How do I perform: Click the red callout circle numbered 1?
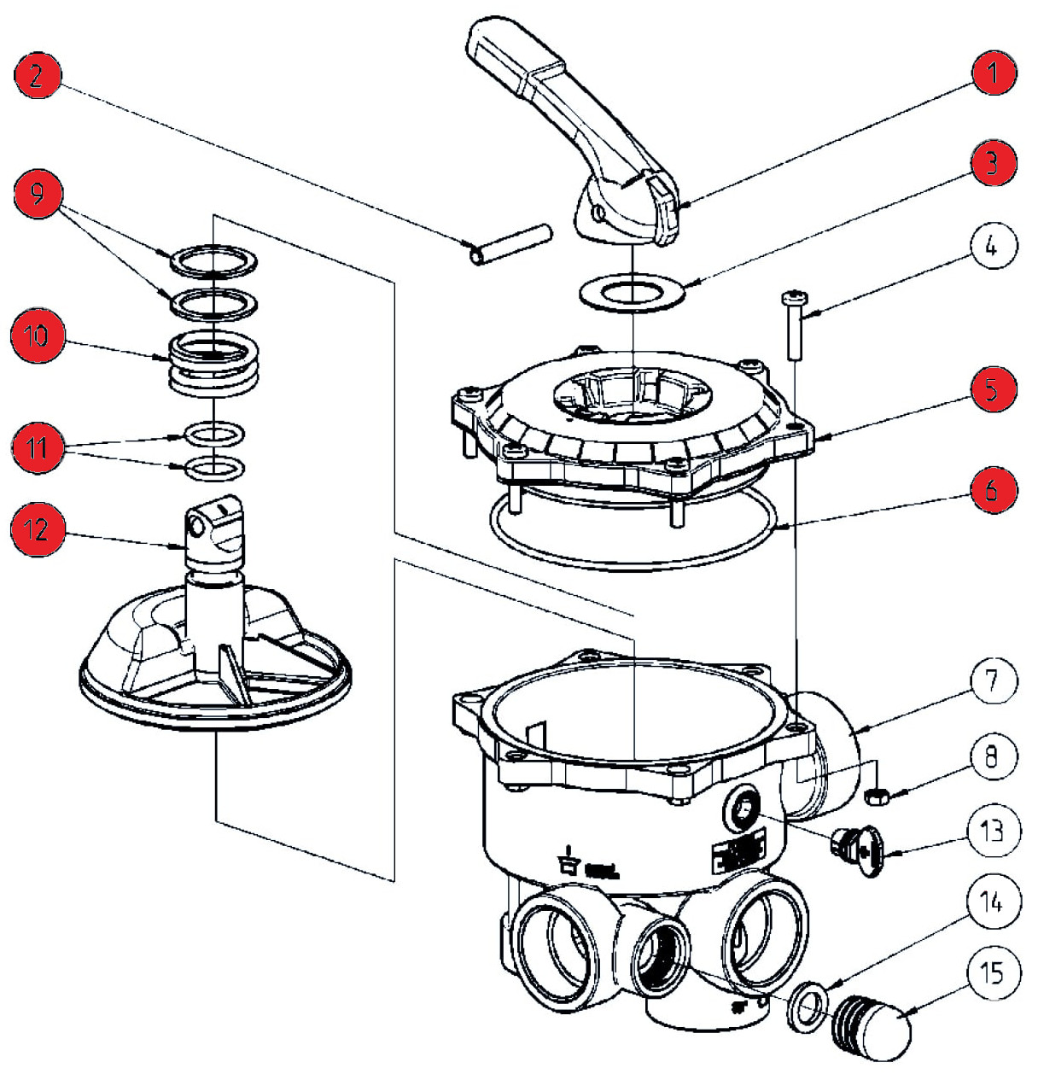point(992,73)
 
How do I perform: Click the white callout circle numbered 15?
point(992,974)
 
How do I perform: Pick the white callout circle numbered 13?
point(992,830)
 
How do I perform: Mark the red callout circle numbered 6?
point(992,490)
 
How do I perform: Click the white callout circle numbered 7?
point(992,681)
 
